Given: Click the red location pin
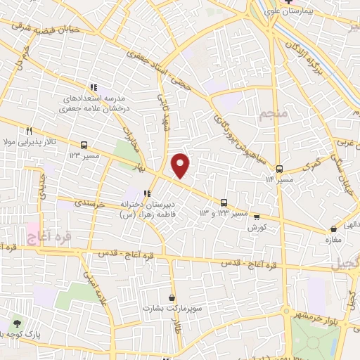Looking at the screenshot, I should point(181,165).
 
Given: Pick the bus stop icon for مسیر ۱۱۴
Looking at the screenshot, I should point(279,169).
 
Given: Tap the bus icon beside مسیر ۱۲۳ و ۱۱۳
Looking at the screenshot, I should point(224,202).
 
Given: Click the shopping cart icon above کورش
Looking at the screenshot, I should point(256,217).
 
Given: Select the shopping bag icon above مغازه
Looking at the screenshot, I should point(333,229).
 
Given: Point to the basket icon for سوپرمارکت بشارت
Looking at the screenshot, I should point(172,297).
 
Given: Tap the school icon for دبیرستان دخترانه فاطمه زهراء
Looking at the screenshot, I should point(147,194).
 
